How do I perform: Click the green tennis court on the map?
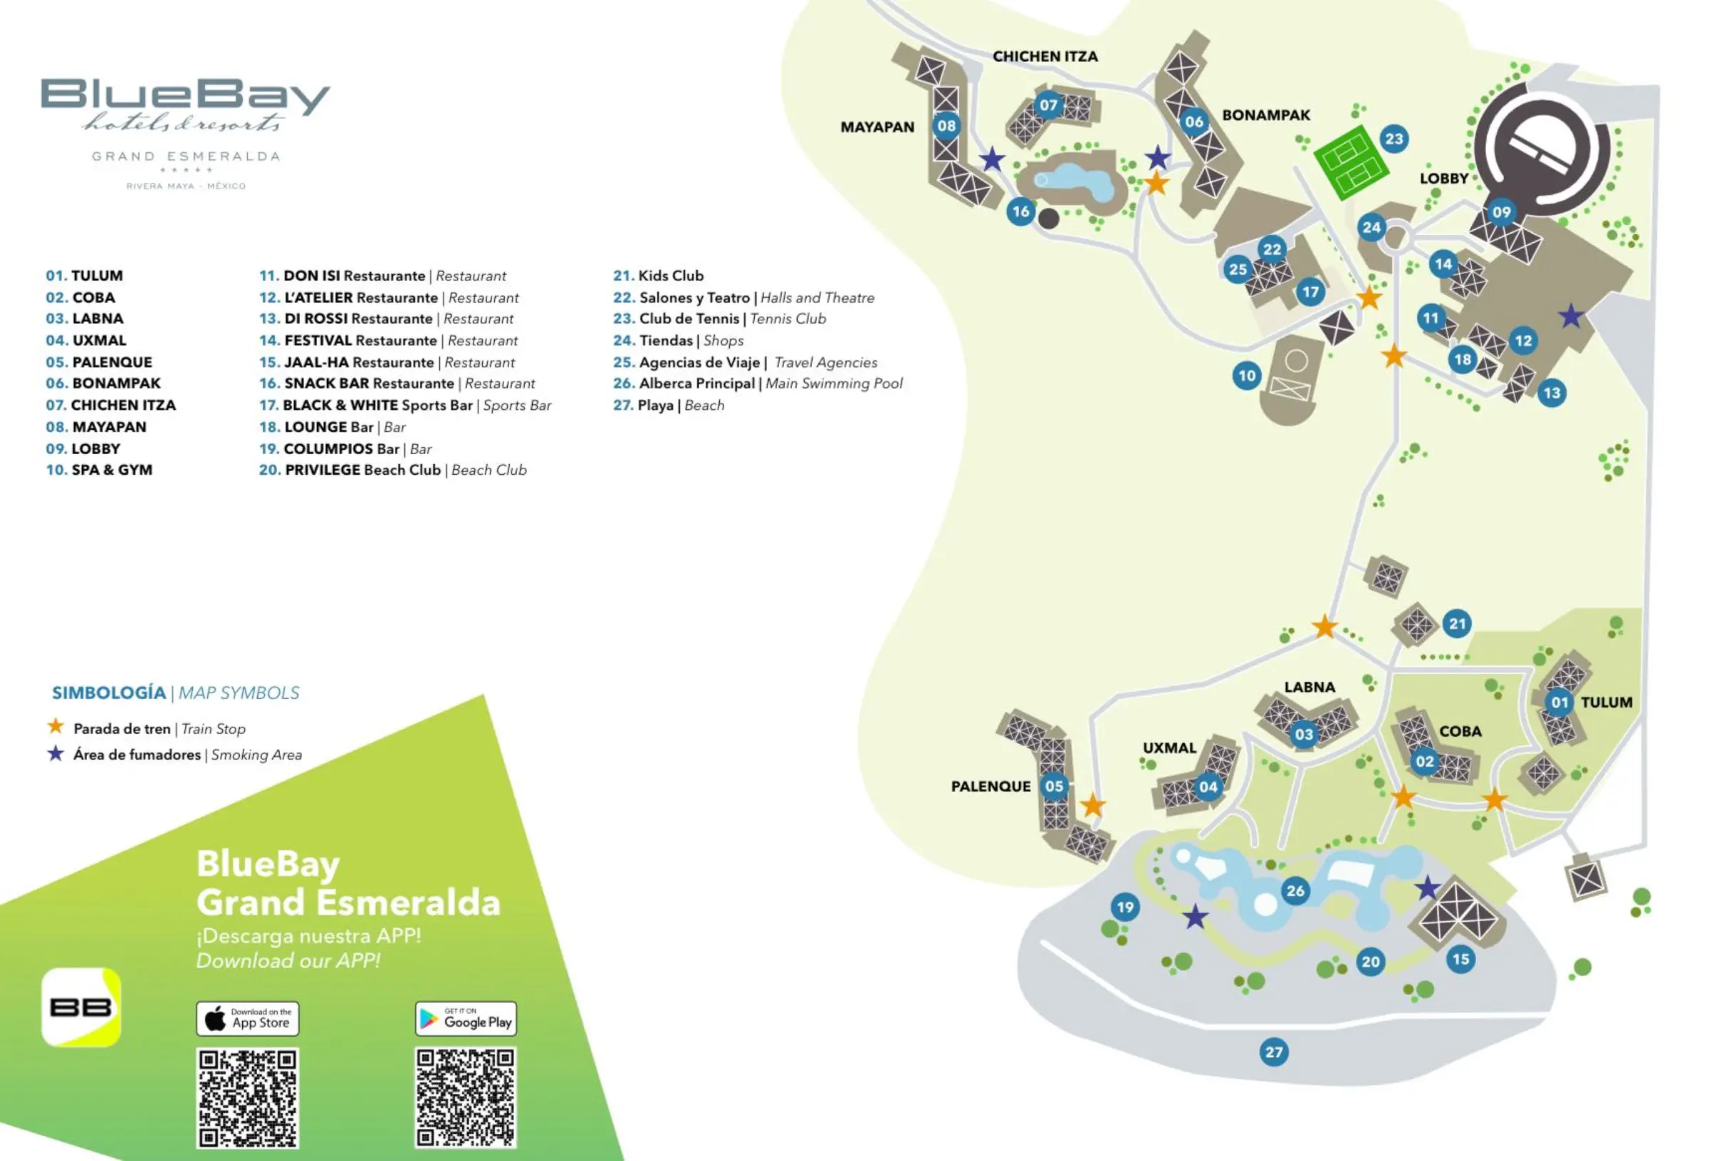1351,162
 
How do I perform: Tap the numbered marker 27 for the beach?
1274,1051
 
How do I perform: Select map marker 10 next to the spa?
1246,376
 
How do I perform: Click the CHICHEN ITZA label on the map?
1045,57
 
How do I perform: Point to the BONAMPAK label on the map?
1265,115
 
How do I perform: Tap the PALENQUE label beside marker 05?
991,786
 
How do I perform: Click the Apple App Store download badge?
247,1019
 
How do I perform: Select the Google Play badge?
466,1019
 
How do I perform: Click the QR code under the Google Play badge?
466,1097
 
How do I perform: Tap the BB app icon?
81,1007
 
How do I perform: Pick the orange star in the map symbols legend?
55,727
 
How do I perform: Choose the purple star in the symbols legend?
55,754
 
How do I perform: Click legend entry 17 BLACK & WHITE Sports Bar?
404,405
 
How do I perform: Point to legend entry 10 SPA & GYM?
99,470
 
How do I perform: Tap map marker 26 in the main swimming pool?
1295,891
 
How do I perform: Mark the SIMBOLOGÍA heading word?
109,693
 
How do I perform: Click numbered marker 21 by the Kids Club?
1457,624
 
